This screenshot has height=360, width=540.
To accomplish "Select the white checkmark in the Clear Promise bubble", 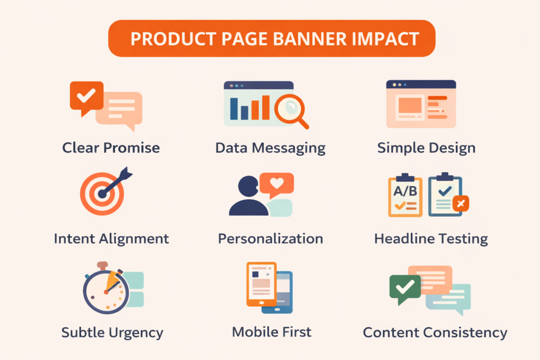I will [x=86, y=95].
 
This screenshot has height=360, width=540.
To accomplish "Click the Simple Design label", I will [x=426, y=148].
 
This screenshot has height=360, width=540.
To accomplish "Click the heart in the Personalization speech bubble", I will [x=277, y=184].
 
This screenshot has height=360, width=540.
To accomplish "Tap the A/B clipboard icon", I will [x=405, y=195].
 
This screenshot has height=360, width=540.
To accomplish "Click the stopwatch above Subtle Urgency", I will [x=105, y=289].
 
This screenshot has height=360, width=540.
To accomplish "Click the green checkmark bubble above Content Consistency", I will [x=404, y=288].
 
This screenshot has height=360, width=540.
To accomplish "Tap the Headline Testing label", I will [x=431, y=239].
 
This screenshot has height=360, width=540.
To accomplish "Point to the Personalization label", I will [x=271, y=239].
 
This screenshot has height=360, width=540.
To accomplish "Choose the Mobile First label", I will [x=272, y=332].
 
